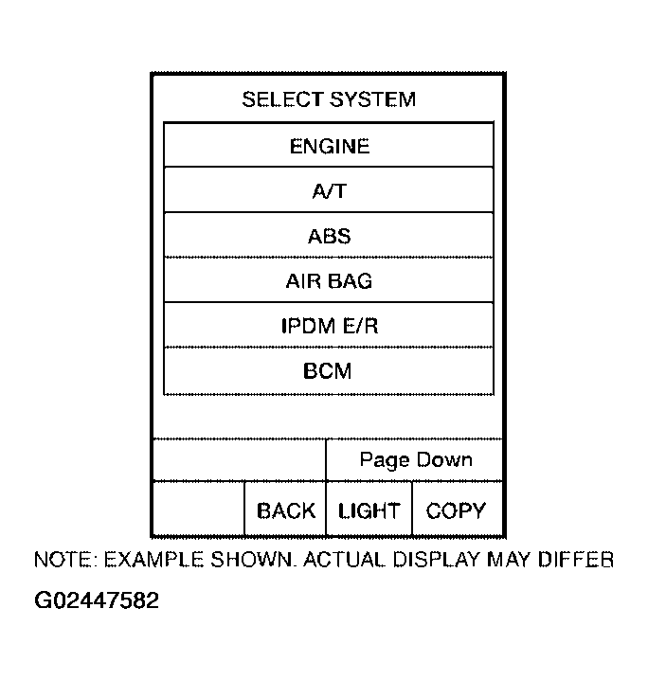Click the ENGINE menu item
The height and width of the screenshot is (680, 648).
329,145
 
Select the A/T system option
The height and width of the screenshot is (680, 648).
329,190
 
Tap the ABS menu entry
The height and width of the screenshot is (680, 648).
329,235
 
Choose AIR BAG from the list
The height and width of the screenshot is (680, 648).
329,280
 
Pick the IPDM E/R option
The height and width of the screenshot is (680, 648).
329,325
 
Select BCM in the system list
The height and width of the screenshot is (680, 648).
329,371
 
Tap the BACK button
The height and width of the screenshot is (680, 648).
285,510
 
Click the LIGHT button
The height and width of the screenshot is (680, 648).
369,510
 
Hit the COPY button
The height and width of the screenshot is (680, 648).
457,510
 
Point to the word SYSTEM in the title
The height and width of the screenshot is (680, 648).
372,99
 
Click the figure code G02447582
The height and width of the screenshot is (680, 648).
97,600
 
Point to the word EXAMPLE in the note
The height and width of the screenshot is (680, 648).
153,560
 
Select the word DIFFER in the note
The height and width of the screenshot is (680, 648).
576,560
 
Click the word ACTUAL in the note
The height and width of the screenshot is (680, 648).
344,560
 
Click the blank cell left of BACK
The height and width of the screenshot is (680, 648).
199,510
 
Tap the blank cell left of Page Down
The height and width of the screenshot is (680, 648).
240,459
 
